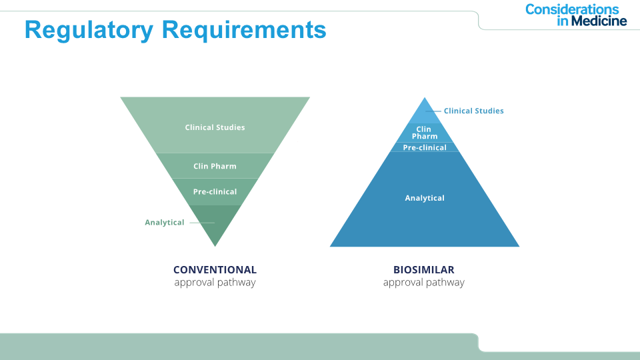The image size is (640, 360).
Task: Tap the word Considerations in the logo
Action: (x=572, y=9)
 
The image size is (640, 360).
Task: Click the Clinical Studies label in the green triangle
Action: (x=215, y=127)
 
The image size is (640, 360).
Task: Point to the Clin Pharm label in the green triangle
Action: (x=215, y=166)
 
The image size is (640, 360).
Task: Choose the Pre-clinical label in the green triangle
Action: (x=215, y=191)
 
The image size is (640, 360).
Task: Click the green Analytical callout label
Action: (x=165, y=222)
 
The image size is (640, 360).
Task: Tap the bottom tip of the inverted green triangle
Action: (x=215, y=245)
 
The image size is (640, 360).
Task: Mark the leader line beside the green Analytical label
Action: (x=201, y=223)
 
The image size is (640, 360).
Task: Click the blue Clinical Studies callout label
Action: (x=473, y=111)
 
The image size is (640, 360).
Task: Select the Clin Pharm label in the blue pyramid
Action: (x=424, y=133)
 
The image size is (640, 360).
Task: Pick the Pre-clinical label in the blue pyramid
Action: (x=425, y=147)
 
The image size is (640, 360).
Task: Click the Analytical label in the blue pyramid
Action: (x=425, y=198)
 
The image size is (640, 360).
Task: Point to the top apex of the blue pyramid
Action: (x=425, y=99)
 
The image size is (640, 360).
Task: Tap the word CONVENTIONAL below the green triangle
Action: (x=215, y=270)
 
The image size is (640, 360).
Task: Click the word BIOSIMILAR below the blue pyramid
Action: (x=424, y=270)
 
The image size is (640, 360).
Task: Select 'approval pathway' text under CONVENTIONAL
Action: (x=215, y=283)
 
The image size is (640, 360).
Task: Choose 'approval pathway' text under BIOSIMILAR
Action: (x=424, y=283)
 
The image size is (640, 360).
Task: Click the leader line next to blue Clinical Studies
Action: (x=433, y=111)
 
